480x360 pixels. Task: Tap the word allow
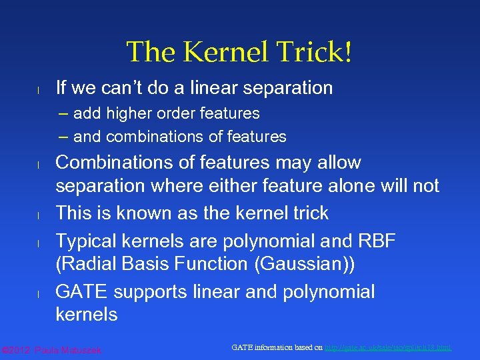coord(338,163)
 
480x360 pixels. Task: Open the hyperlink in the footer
coord(387,347)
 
